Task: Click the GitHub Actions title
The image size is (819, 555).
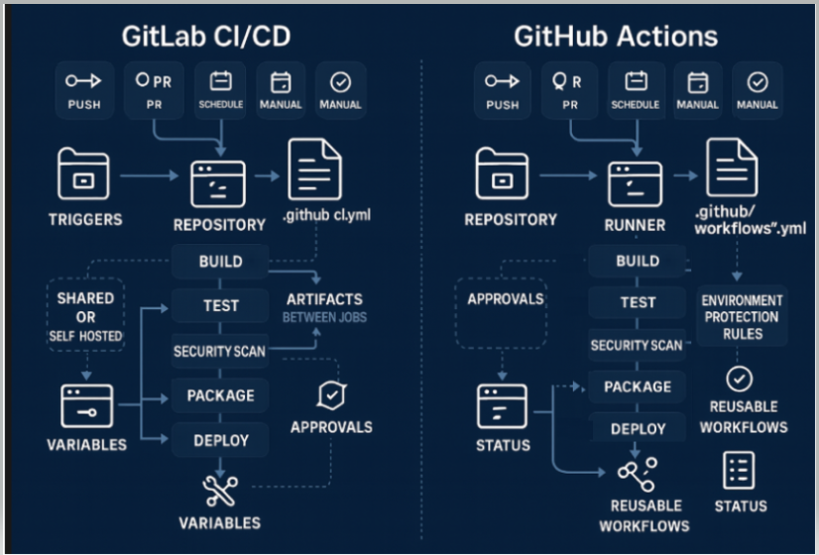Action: click(x=615, y=37)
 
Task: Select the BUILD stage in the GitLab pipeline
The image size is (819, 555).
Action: click(x=220, y=263)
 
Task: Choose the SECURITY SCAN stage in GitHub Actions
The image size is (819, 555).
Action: click(x=637, y=345)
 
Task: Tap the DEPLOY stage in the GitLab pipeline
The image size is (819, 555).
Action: click(x=220, y=439)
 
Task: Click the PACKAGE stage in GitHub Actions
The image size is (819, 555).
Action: click(x=637, y=387)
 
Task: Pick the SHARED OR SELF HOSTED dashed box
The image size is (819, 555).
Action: click(x=85, y=316)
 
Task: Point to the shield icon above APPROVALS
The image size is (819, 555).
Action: click(x=330, y=395)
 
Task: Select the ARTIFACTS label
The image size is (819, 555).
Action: click(x=324, y=299)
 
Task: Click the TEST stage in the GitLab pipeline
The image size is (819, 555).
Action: click(x=220, y=305)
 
